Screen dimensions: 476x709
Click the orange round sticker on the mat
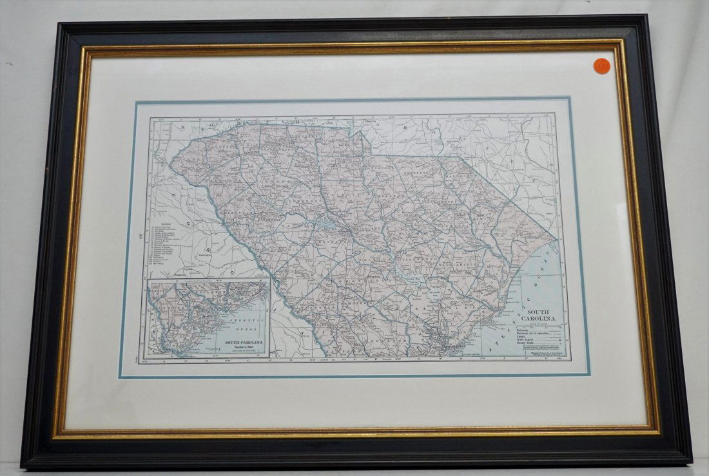coord(603,64)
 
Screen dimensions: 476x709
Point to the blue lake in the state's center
coord(321,222)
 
